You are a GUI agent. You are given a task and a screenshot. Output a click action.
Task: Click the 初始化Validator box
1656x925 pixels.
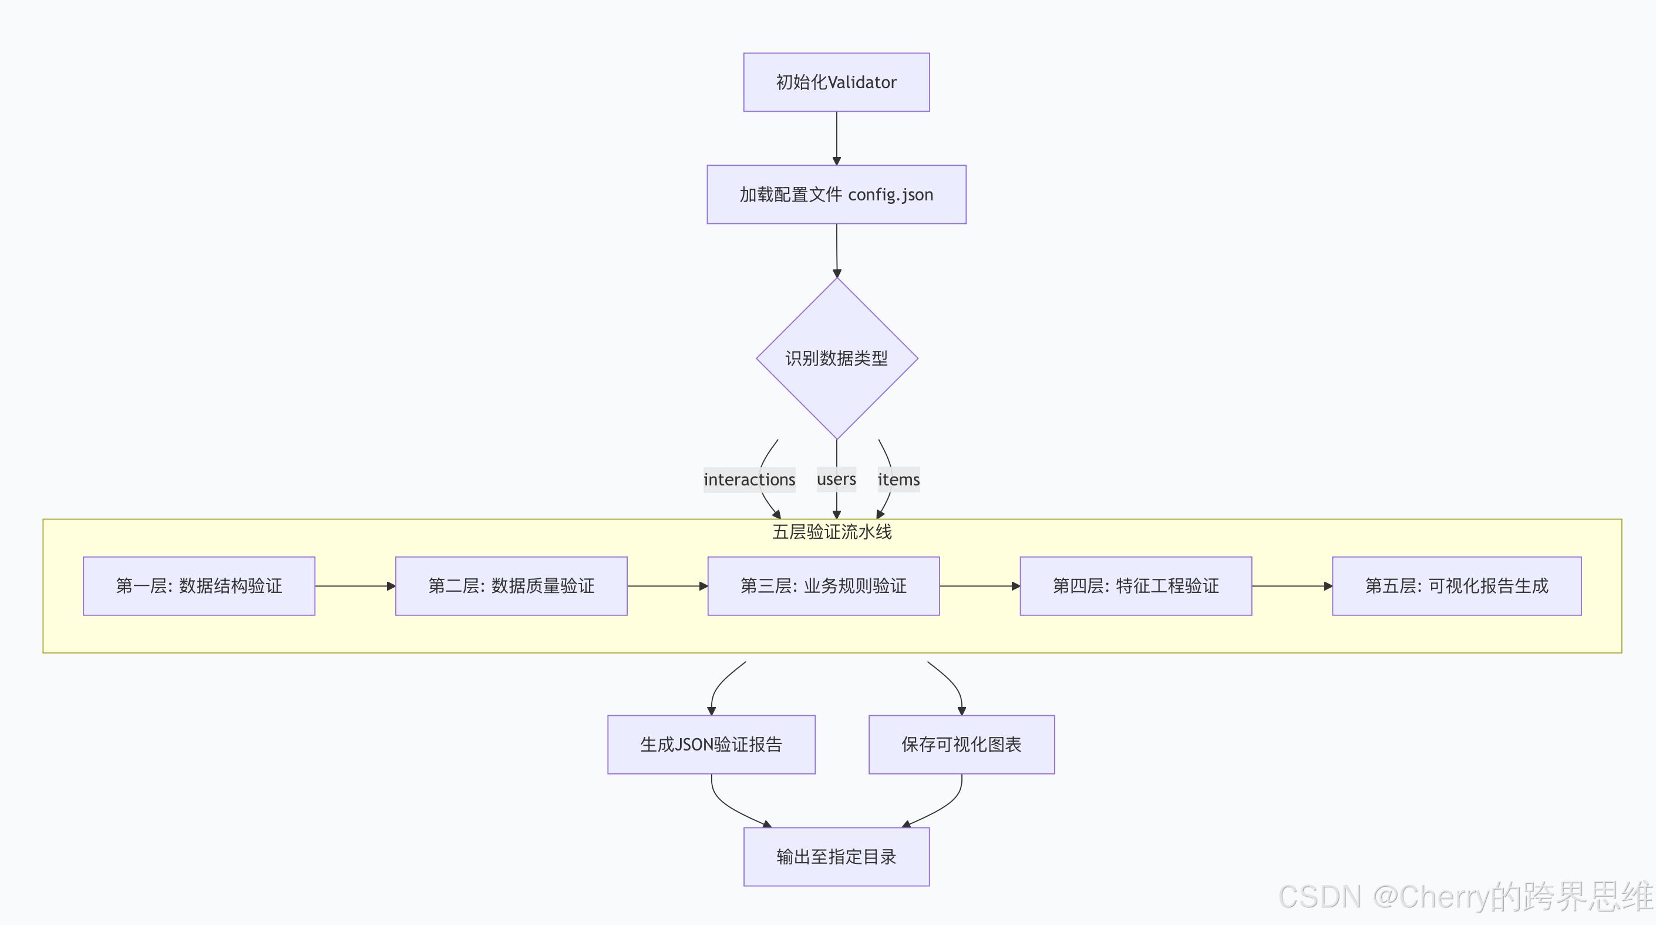pyautogui.click(x=836, y=82)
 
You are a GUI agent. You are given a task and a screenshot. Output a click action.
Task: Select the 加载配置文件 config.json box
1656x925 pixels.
pyautogui.click(x=836, y=195)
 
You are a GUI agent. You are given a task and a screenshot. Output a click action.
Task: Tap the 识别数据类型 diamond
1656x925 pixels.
pyautogui.click(x=836, y=358)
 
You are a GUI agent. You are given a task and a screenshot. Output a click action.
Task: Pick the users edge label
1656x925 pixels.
pyautogui.click(x=836, y=479)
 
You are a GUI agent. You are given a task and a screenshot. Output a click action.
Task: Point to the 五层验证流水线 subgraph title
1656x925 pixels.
pyautogui.click(x=832, y=532)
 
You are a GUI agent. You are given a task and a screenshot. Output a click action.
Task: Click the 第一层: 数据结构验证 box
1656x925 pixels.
pyautogui.click(x=198, y=586)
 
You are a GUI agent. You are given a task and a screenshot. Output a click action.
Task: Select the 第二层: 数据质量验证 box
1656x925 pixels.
pyautogui.click(x=511, y=586)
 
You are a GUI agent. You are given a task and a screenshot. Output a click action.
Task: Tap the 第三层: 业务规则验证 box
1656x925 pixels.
pyautogui.click(x=823, y=586)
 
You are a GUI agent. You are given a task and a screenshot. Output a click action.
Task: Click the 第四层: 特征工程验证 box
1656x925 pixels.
pyautogui.click(x=1135, y=586)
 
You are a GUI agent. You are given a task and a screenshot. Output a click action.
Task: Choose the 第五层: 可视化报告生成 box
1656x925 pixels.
pyautogui.click(x=1456, y=586)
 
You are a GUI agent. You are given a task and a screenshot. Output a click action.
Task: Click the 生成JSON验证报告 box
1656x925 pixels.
pyautogui.click(x=711, y=744)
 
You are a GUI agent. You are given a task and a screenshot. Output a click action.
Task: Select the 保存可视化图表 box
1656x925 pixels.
pyautogui.click(x=961, y=744)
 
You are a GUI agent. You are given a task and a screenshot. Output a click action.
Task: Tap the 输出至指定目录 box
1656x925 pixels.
pyautogui.click(x=836, y=857)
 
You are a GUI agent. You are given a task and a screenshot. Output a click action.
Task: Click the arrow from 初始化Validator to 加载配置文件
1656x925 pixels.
pyautogui.click(x=836, y=138)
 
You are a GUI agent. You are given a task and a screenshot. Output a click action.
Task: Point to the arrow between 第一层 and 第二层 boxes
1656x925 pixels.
pyautogui.click(x=355, y=586)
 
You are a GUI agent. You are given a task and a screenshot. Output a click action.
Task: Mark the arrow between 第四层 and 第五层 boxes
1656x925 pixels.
pyautogui.click(x=1291, y=586)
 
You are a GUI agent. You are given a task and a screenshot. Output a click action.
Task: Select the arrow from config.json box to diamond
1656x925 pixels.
pyautogui.click(x=836, y=251)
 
